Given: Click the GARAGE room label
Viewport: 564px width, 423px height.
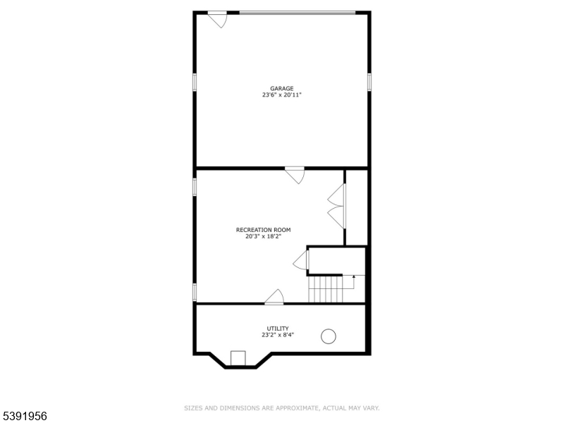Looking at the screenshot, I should pyautogui.click(x=282, y=88).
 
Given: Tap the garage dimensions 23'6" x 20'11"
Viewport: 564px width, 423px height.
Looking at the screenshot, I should pyautogui.click(x=282, y=94).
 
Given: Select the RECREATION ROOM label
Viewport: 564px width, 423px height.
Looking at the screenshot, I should pyautogui.click(x=263, y=230).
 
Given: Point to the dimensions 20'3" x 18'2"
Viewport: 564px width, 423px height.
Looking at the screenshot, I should pyautogui.click(x=263, y=236).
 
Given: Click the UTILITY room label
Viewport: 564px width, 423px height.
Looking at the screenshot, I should pyautogui.click(x=277, y=329).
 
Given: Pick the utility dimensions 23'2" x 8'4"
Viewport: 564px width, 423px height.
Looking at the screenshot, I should pyautogui.click(x=277, y=335).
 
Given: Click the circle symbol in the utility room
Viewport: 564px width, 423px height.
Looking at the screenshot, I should pyautogui.click(x=329, y=336).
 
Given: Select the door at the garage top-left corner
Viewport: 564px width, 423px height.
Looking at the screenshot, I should pyautogui.click(x=217, y=19).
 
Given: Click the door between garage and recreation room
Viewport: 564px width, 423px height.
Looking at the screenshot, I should pyautogui.click(x=295, y=174).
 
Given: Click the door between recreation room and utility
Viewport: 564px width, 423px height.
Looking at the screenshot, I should pyautogui.click(x=274, y=298).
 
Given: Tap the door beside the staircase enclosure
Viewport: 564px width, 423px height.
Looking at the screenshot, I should pyautogui.click(x=301, y=260).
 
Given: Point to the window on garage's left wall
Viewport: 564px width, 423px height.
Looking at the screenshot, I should pyautogui.click(x=195, y=82).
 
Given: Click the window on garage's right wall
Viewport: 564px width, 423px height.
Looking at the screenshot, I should pyautogui.click(x=369, y=82).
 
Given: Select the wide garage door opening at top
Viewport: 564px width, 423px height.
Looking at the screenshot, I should pyautogui.click(x=298, y=13).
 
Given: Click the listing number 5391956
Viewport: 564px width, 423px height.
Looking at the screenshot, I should pyautogui.click(x=25, y=416).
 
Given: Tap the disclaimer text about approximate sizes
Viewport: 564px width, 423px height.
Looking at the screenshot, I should pyautogui.click(x=282, y=407).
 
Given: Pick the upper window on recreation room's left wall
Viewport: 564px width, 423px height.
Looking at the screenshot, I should pyautogui.click(x=195, y=185).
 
